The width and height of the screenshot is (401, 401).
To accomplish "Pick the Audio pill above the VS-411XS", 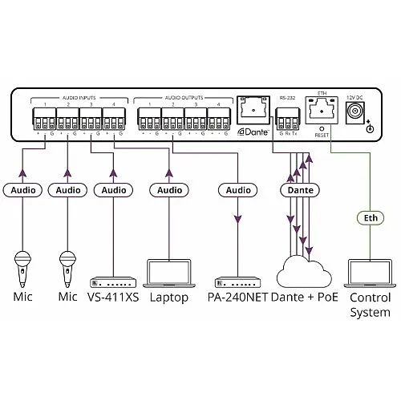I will tap(111, 191).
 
